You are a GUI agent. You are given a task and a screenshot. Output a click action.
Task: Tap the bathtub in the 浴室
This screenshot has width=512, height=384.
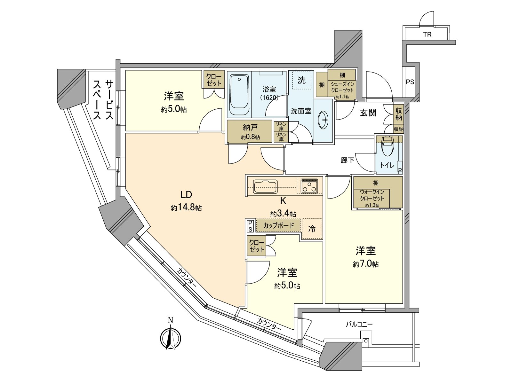tap(239, 96)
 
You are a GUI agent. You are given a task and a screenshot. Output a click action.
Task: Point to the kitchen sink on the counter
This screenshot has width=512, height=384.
tap(265, 187)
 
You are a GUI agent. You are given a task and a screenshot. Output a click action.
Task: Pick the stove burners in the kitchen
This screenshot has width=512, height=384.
tap(309, 186)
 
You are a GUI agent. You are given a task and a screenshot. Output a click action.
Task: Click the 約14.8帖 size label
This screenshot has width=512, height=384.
tap(186, 208)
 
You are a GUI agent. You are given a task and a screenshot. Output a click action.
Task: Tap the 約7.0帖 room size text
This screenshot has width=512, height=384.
tap(366, 264)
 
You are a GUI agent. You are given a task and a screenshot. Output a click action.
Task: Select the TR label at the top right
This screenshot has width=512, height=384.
tap(427, 34)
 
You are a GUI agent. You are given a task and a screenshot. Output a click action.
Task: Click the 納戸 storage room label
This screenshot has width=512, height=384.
tap(250, 128)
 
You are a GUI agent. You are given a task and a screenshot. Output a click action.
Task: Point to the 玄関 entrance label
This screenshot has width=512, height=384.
tap(368, 113)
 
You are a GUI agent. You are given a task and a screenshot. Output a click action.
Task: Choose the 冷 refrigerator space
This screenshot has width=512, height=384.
tap(312, 229)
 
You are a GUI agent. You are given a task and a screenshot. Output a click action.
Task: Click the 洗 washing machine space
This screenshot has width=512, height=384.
tap(301, 80)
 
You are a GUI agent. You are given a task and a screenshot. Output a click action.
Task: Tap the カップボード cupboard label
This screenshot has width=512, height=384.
tap(278, 225)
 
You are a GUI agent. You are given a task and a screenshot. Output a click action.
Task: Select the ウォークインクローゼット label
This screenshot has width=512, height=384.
tap(372, 195)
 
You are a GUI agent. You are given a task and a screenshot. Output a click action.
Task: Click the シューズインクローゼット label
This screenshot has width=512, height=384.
tap(342, 87)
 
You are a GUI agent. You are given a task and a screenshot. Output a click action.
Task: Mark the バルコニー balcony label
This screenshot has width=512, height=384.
tap(359, 324)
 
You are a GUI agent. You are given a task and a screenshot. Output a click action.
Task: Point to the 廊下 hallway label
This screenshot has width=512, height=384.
tap(347, 160)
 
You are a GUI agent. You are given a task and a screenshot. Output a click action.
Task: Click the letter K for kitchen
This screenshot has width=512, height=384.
tap(283, 201)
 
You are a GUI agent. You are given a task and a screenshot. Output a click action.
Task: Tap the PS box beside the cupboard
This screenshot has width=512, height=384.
tap(250, 226)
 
